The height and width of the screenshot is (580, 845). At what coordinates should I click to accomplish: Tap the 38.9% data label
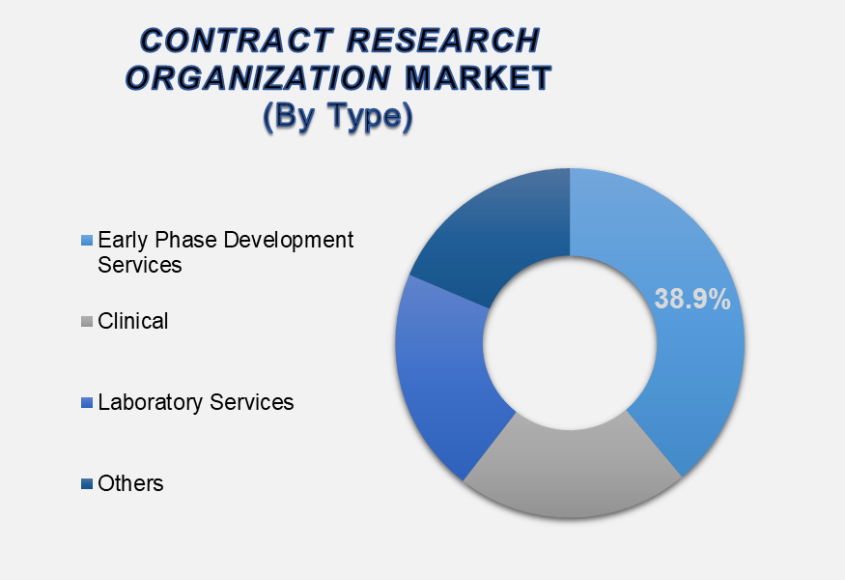(692, 300)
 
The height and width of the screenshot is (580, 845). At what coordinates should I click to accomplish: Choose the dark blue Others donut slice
(493, 232)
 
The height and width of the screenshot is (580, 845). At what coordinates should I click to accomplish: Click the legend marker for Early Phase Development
(87, 240)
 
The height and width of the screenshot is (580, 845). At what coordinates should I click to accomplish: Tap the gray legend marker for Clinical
(87, 322)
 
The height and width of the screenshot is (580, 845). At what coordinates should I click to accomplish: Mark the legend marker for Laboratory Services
(87, 402)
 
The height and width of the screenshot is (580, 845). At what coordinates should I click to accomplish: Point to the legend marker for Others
(87, 484)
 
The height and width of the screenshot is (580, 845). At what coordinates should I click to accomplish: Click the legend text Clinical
(133, 321)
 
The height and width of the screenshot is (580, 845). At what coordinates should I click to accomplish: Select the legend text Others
(130, 483)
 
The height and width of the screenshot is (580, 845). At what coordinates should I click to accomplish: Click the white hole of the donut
(570, 343)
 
